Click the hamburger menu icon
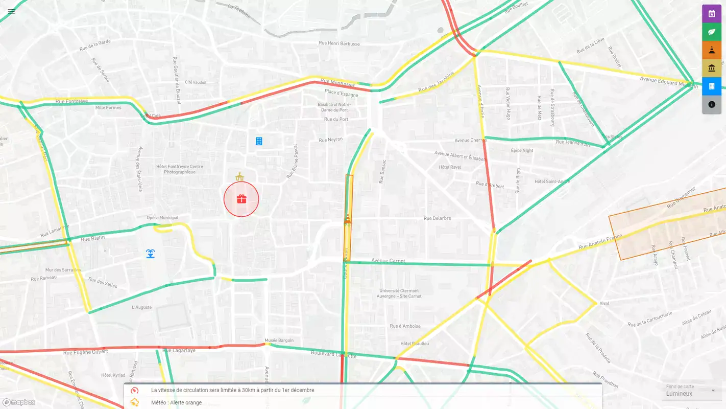click(11, 11)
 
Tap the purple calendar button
click(712, 14)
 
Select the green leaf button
click(712, 32)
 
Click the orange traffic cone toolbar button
click(712, 50)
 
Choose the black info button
click(712, 104)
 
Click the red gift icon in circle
click(241, 199)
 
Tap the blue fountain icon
click(150, 254)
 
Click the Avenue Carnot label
click(388, 261)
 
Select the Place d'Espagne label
click(342, 93)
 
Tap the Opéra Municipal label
click(162, 218)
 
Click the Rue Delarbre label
click(437, 218)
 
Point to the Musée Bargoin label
click(279, 340)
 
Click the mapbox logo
click(19, 402)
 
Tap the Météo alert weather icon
click(135, 402)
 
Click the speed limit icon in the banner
click(135, 390)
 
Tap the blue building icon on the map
click(259, 141)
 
